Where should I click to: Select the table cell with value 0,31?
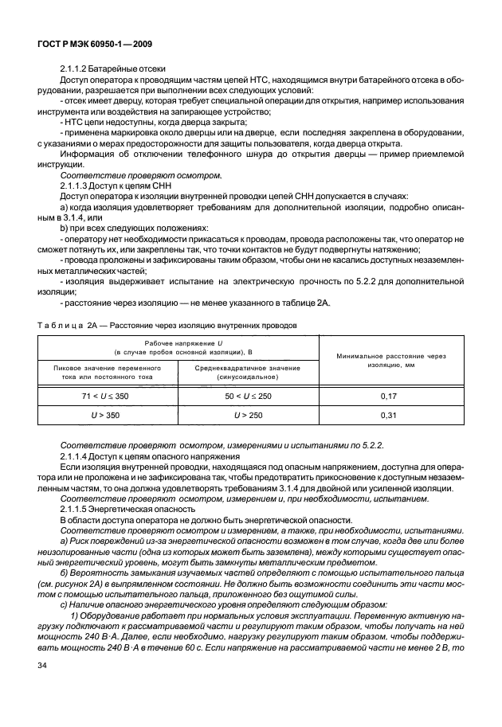[389, 414]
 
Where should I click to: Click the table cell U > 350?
[108, 414]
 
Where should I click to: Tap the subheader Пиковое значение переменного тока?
[108, 372]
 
